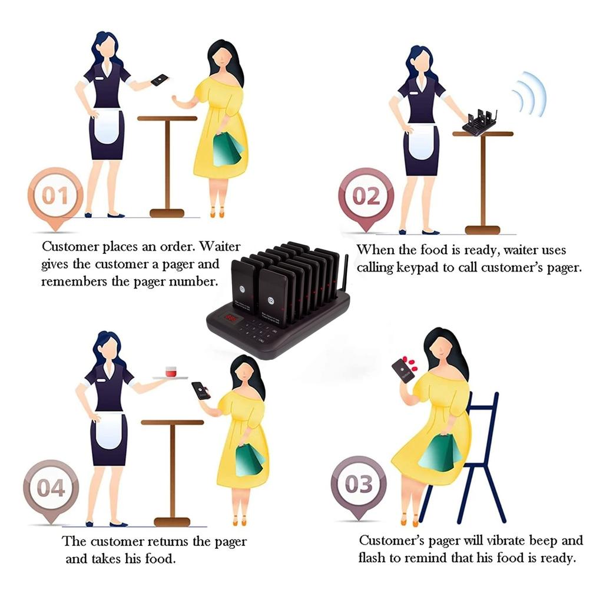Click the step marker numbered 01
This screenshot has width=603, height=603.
[x=56, y=196]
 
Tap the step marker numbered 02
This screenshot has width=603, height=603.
[x=366, y=196]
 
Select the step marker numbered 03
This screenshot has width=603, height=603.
[x=359, y=485]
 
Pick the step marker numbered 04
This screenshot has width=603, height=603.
[x=51, y=488]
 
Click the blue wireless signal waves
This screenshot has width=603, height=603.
[x=529, y=94]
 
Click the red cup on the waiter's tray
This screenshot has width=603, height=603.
[x=171, y=372]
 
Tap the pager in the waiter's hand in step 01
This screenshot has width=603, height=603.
[x=159, y=80]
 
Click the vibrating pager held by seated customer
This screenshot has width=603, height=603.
[x=403, y=370]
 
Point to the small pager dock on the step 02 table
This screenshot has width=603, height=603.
[x=480, y=122]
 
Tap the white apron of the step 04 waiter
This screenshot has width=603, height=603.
[x=108, y=430]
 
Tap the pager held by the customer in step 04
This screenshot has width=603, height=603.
[x=201, y=390]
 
